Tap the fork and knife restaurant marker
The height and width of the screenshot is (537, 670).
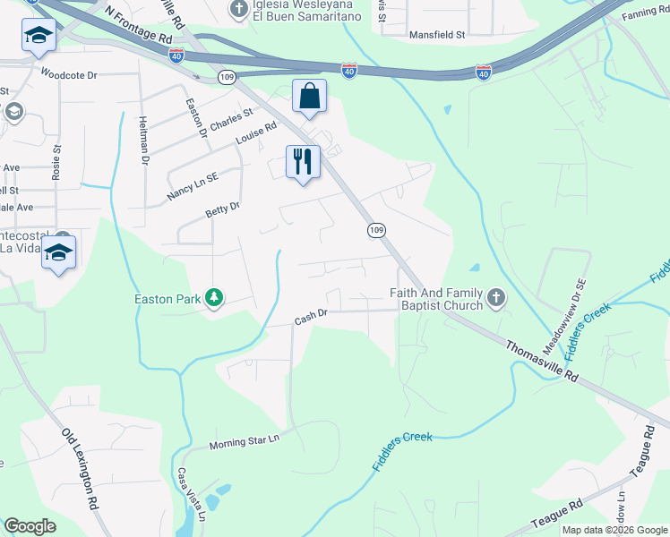(x=303, y=162)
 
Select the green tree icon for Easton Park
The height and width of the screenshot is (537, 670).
(x=214, y=297)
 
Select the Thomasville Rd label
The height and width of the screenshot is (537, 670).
(x=543, y=361)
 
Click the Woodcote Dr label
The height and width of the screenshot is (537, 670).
(x=68, y=75)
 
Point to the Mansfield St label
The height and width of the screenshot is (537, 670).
(x=437, y=35)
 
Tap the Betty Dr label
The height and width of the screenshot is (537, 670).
(x=223, y=210)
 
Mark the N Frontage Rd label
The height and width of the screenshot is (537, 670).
(x=138, y=26)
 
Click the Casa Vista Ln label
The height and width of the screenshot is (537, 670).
(x=192, y=494)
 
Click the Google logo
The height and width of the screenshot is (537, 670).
(x=30, y=526)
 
